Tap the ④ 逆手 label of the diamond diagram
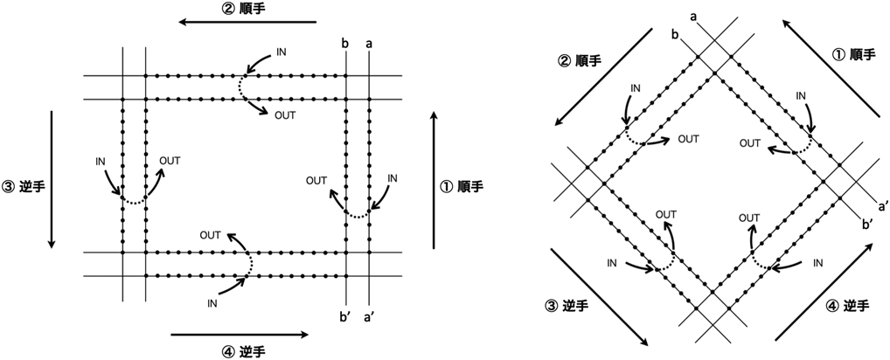[x=845, y=305]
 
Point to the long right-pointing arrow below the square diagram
[x=240, y=334]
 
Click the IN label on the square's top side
[x=281, y=52]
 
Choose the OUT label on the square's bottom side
[x=210, y=234]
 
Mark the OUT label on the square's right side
[x=316, y=181]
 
